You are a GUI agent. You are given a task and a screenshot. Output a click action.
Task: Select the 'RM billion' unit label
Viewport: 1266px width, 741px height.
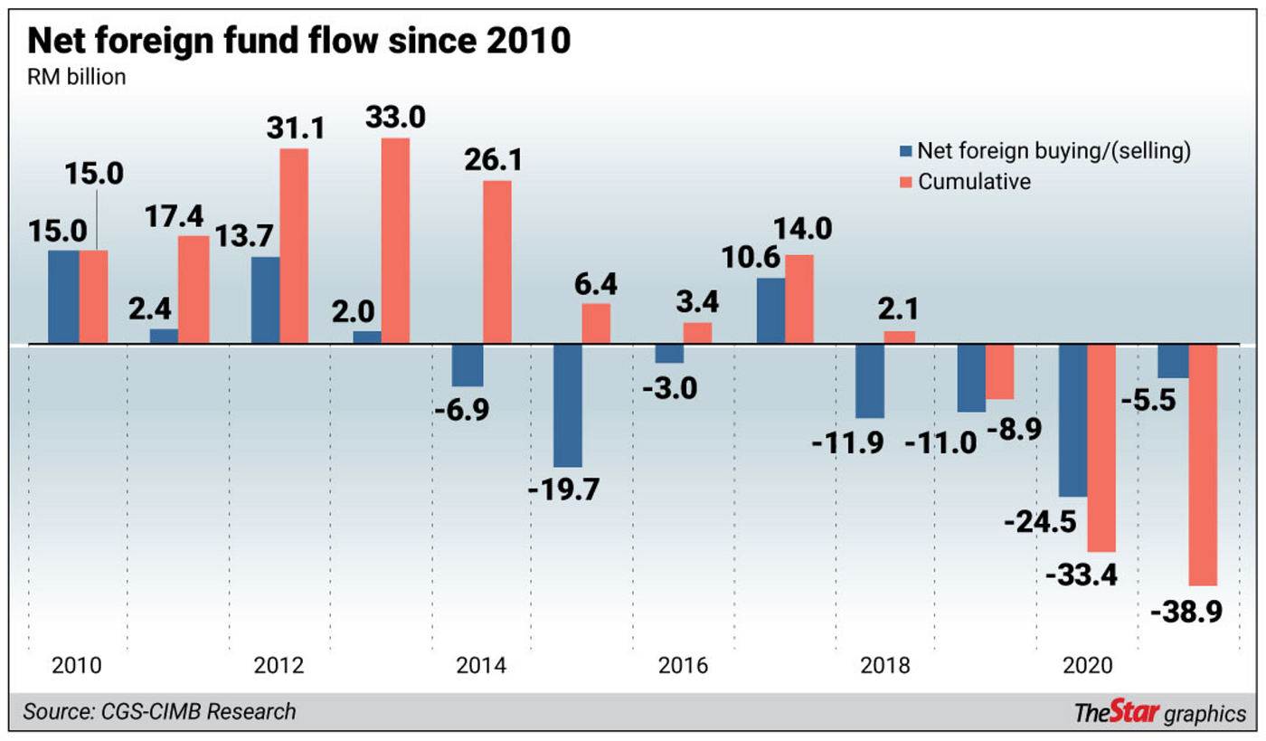tap(75, 77)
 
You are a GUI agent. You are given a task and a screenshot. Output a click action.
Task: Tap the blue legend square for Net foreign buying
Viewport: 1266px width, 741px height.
tap(905, 151)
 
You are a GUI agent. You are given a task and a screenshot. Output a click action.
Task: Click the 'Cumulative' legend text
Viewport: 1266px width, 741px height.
tap(975, 181)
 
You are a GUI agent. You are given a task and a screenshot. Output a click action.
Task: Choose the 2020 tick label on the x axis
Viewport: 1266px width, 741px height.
tap(1088, 667)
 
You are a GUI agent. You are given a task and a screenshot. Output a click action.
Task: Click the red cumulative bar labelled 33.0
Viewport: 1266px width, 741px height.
tap(395, 241)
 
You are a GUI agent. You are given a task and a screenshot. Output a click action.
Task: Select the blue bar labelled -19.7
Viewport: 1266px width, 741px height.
tap(568, 405)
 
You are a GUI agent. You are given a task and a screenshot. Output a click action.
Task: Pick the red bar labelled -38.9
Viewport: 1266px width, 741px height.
tap(1203, 465)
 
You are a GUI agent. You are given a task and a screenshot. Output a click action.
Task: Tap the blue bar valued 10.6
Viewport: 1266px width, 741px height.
tap(770, 310)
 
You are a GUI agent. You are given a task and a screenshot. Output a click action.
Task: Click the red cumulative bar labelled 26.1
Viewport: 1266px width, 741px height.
tap(496, 262)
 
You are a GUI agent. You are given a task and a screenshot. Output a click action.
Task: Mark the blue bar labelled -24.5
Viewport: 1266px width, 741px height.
tap(1073, 421)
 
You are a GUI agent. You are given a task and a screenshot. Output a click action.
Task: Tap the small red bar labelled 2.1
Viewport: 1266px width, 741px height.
tap(900, 337)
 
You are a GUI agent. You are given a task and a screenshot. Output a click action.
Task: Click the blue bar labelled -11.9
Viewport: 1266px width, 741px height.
tap(869, 381)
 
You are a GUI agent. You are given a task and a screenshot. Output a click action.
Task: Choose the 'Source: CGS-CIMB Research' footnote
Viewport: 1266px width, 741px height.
tap(160, 711)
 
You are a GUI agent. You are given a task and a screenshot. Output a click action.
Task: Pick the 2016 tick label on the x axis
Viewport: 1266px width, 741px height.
tap(682, 667)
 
